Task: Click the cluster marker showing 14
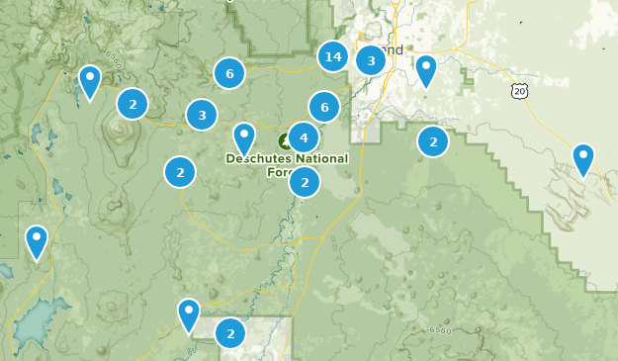pos(333,56)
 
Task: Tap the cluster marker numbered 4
pos(304,138)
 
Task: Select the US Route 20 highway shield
pos(521,91)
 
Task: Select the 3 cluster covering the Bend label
pos(371,60)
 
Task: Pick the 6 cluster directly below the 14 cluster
pos(324,106)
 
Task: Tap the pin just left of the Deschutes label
pos(244,137)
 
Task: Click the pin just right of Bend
pos(426,69)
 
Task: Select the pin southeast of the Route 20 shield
pos(583,157)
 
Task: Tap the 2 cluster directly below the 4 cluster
pos(305,181)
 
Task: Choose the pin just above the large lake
pos(37,240)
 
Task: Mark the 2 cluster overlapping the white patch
pos(230,333)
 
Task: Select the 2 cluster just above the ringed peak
pos(132,103)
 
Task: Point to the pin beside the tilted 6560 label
pos(90,81)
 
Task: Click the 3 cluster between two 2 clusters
pos(202,115)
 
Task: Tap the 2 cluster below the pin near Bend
pos(433,141)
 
